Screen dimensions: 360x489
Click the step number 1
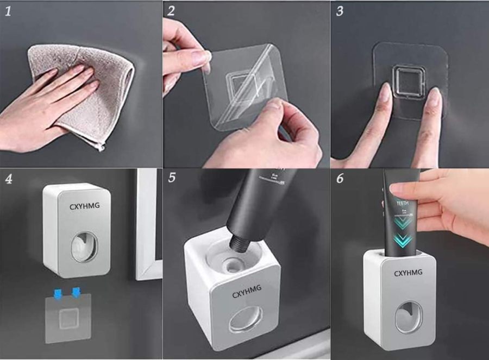coord(8,11)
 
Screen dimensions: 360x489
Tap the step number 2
coord(171,11)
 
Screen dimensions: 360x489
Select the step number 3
coord(340,11)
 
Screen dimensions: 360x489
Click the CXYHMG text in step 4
coord(84,207)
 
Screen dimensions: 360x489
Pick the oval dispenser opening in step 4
coord(85,247)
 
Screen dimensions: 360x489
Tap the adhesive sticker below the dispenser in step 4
coord(67,318)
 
